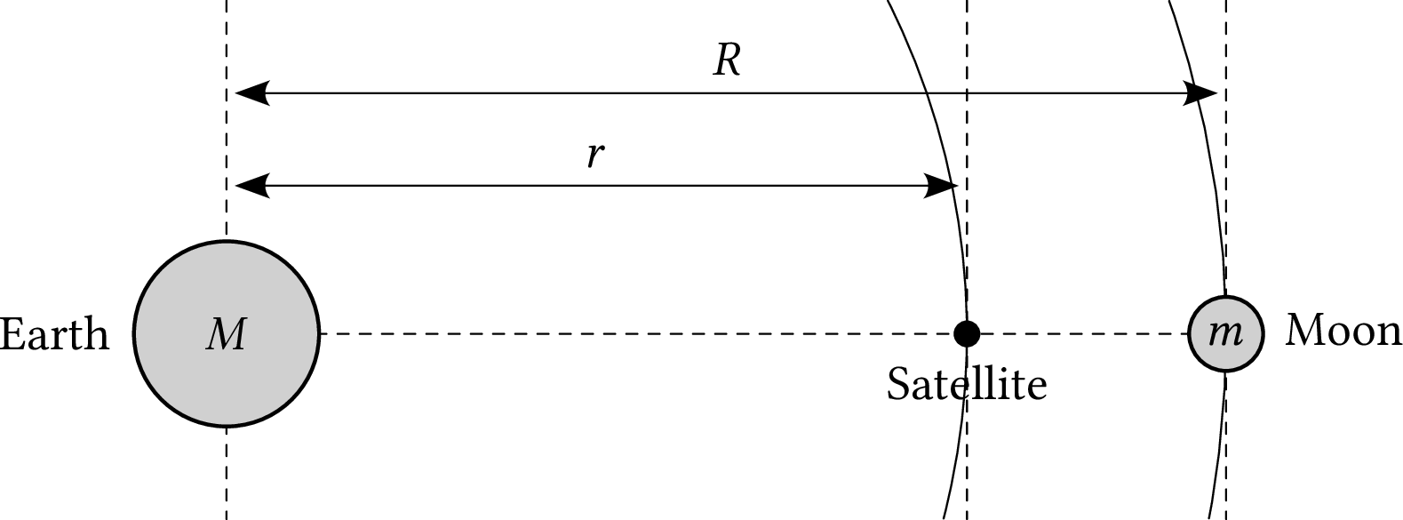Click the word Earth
pos(54,335)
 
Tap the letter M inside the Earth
pos(226,335)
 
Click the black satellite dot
pos(966,333)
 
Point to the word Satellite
pos(966,385)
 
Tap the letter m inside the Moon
pos(1226,332)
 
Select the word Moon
pos(1343,331)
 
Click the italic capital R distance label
pos(727,60)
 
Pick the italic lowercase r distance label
pos(595,155)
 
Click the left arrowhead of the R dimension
pos(253,92)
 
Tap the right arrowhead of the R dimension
pos(1200,92)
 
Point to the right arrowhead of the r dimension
pos(940,186)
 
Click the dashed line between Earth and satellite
pos(622,334)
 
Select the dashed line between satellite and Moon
pos(1084,334)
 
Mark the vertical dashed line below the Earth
pos(227,476)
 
